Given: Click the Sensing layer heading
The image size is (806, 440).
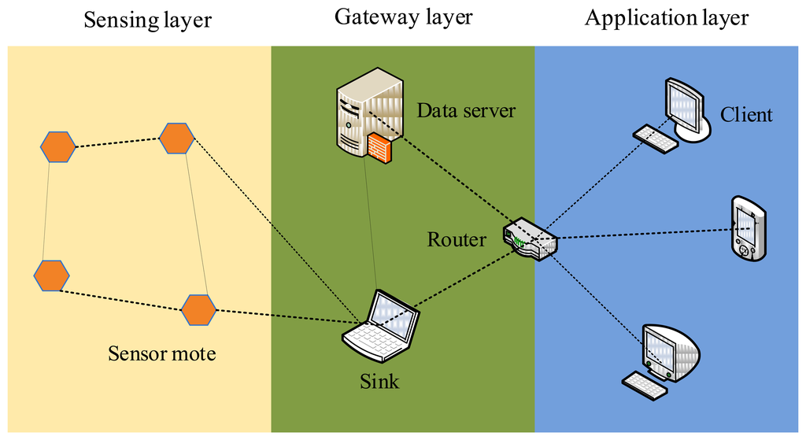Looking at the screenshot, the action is click(x=147, y=20).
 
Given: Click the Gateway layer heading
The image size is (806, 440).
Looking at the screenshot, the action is click(x=404, y=17).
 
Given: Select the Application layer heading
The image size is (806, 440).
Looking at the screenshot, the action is click(x=667, y=19).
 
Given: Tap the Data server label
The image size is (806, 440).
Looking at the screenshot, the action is click(x=466, y=110).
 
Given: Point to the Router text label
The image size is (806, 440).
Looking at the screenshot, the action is click(x=457, y=239).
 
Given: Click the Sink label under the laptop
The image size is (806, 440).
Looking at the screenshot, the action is click(x=379, y=382).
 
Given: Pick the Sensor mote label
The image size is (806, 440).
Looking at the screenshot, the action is click(x=162, y=353).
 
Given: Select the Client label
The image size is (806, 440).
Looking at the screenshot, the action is click(x=746, y=115).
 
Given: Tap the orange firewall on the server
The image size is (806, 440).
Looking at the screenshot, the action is click(x=380, y=148).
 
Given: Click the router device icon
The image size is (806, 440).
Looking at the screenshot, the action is click(x=530, y=239).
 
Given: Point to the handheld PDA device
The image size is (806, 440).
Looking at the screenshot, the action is click(x=749, y=228).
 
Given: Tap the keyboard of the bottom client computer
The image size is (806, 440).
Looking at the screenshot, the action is click(x=645, y=386).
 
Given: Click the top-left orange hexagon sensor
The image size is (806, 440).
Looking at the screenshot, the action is click(x=58, y=147).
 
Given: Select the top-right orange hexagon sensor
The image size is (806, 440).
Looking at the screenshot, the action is click(x=177, y=139).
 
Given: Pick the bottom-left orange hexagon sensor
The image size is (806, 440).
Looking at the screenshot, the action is click(x=51, y=276).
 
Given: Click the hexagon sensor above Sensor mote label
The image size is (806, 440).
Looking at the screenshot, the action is click(x=199, y=310).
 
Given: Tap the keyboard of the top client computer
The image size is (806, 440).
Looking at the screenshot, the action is click(x=656, y=139).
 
